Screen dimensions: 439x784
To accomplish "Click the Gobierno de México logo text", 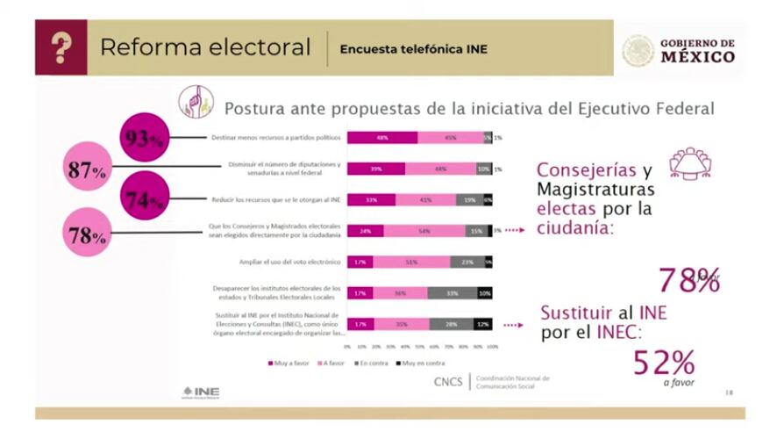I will click(x=698, y=51).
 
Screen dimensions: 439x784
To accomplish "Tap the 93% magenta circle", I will click(x=145, y=138).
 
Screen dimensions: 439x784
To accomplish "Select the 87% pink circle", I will click(x=87, y=170).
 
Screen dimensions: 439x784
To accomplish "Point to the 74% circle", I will click(x=145, y=199).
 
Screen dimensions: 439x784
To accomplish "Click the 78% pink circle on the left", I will click(x=87, y=234).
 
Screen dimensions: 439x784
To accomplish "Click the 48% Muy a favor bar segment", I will click(x=382, y=138).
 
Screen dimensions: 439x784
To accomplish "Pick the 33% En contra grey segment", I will click(x=453, y=293).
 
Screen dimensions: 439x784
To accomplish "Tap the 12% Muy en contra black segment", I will click(x=483, y=324).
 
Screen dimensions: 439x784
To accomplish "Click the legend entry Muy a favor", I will click(x=289, y=363).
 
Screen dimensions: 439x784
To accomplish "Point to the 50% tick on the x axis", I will click(x=420, y=347).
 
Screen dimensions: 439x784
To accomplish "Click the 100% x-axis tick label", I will click(x=493, y=347).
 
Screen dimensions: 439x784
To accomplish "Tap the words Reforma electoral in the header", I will click(x=205, y=47).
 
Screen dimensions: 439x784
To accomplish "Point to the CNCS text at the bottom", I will click(x=449, y=382).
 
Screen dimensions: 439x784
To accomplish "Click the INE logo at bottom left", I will click(x=201, y=392).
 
